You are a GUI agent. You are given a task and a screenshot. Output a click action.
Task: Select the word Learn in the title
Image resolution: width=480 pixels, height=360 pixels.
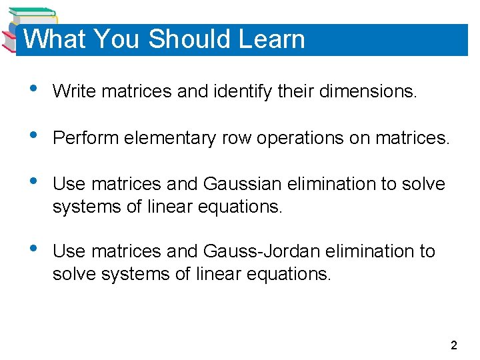click(x=271, y=39)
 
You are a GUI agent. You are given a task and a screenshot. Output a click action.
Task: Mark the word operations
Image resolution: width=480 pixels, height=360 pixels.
click(x=300, y=138)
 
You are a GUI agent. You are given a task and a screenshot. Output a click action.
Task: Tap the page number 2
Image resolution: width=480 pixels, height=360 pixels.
click(x=454, y=345)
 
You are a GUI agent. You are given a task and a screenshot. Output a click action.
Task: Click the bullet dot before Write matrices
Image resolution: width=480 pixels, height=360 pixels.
click(x=25, y=90)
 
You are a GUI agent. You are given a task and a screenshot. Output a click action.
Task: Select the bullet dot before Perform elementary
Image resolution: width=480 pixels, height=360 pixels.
click(x=25, y=137)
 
